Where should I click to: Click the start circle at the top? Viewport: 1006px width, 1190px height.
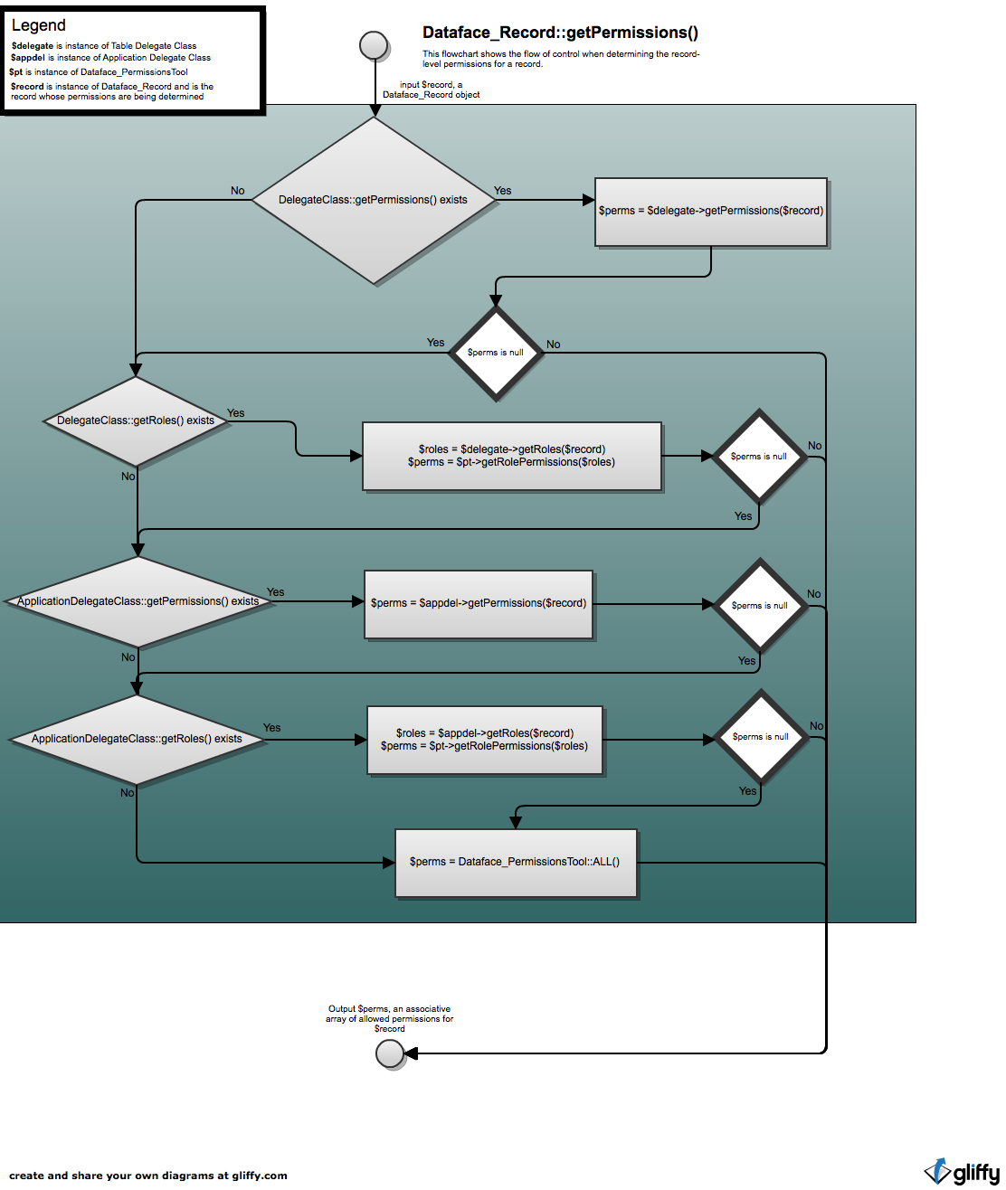pos(374,44)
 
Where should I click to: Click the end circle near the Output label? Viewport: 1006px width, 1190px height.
pos(390,1053)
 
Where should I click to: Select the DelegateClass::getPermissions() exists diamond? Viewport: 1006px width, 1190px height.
pos(374,200)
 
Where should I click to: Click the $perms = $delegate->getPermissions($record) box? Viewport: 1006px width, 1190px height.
pos(710,212)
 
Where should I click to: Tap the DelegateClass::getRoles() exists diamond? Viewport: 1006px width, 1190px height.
pos(136,421)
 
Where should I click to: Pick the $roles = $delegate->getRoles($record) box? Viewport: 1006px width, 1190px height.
pos(512,456)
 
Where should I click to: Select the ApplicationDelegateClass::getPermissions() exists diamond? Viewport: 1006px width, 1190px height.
pos(138,601)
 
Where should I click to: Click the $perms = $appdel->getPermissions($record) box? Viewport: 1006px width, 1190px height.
pos(479,604)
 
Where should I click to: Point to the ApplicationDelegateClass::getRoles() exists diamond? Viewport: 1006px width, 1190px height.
pos(137,739)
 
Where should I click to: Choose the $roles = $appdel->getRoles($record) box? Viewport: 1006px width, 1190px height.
pos(485,740)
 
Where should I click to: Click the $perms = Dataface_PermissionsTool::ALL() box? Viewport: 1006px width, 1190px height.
pos(516,863)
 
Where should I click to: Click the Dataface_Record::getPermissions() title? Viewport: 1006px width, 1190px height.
pos(560,33)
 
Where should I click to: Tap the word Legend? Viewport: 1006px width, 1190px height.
pos(39,25)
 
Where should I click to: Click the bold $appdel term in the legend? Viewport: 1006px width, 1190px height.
pos(27,58)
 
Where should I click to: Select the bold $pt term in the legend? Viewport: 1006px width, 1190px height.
pos(16,71)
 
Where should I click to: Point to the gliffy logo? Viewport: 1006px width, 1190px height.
pos(962,1171)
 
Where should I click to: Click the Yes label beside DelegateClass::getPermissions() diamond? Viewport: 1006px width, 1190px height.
pos(502,191)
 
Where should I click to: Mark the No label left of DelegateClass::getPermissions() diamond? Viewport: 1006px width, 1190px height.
pos(237,191)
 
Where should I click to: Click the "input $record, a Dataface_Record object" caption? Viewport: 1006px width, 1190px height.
pos(432,90)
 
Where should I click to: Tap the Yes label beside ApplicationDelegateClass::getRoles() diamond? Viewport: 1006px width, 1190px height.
pos(271,728)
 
